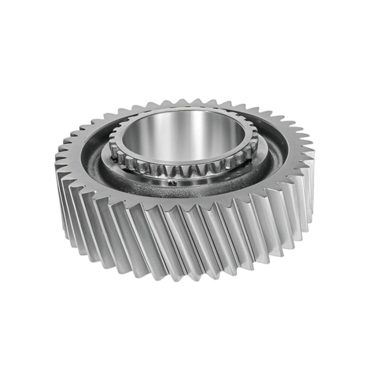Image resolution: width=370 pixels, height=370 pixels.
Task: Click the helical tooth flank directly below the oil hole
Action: (x=172, y=238)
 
